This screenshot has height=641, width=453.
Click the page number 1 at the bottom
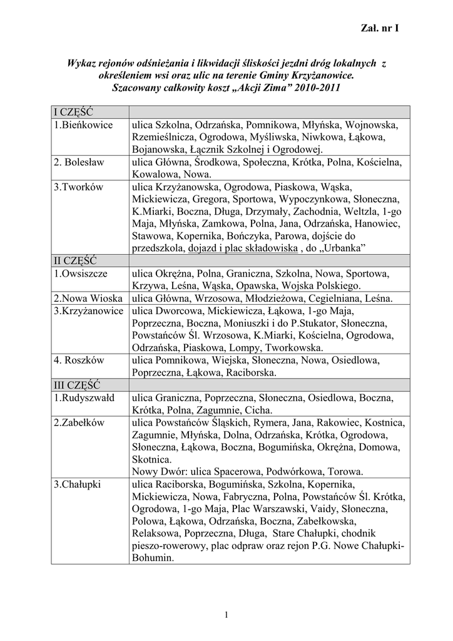pos(227,614)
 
